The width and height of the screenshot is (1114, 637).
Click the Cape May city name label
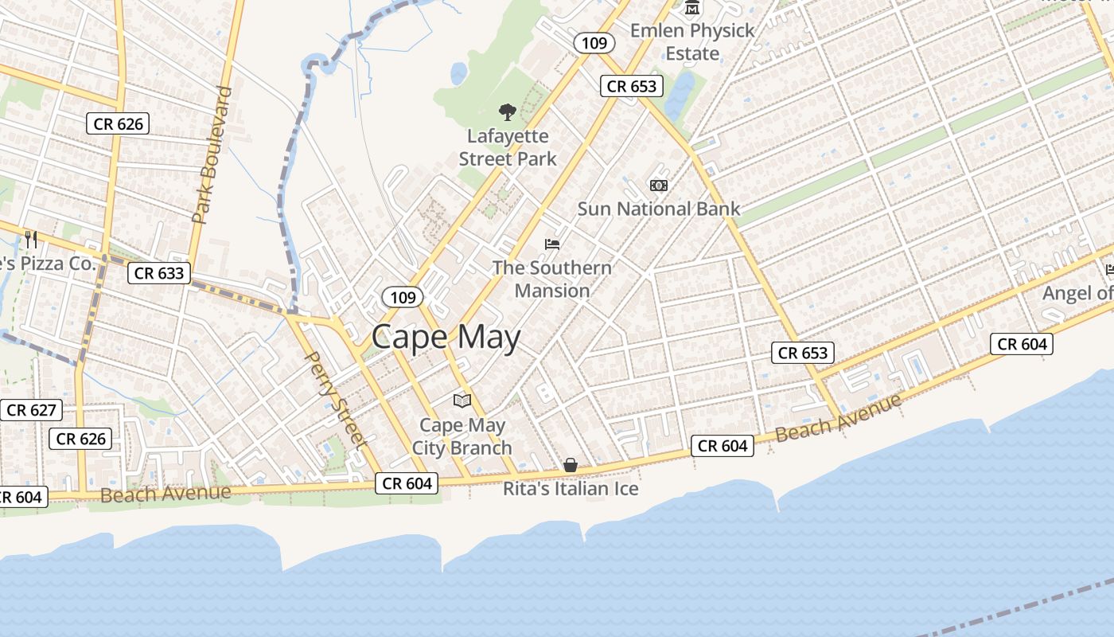[x=446, y=338]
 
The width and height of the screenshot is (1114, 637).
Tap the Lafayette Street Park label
[x=508, y=147]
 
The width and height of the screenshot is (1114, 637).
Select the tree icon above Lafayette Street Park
[x=507, y=112]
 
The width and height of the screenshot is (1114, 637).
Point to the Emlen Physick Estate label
[x=692, y=42]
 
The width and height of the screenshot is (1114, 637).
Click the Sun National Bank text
[x=658, y=209]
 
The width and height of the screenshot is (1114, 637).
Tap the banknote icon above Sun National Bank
[x=658, y=186]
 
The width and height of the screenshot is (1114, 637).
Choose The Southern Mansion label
[x=551, y=279]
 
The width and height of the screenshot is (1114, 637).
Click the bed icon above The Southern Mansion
[x=552, y=244]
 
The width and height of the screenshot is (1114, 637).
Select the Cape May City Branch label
[x=462, y=436]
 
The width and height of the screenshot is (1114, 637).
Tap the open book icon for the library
[x=462, y=401]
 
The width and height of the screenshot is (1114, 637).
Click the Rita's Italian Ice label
[x=571, y=488]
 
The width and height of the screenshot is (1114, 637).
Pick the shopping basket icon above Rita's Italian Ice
[x=571, y=465]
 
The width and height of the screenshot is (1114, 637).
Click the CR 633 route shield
[x=159, y=273]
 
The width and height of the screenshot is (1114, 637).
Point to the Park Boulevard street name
[x=212, y=154]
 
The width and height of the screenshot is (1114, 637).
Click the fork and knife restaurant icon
[x=31, y=239]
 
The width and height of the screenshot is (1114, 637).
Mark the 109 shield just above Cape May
[x=403, y=298]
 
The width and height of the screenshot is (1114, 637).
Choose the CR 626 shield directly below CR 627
[x=81, y=439]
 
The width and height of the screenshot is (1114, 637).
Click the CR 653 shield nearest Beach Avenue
[x=803, y=353]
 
